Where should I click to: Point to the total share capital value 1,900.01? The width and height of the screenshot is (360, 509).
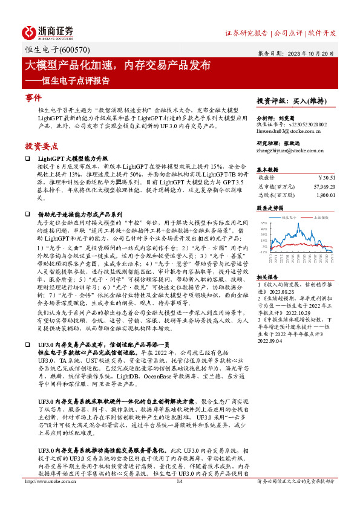click(x=324, y=197)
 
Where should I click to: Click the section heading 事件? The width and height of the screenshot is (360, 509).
click(x=33, y=97)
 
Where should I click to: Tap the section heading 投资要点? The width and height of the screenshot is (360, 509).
click(x=42, y=146)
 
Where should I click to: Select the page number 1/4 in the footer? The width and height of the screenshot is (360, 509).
click(x=179, y=498)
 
